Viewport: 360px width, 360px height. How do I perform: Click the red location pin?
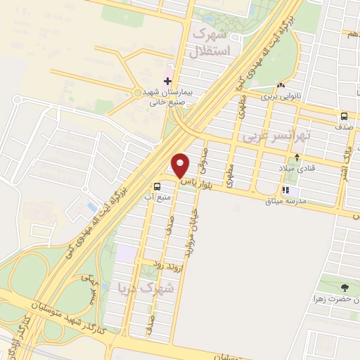pyautogui.click(x=181, y=166)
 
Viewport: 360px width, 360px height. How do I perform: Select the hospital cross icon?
pyautogui.click(x=167, y=82)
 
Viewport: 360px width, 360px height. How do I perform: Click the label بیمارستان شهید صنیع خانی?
pyautogui.click(x=172, y=96)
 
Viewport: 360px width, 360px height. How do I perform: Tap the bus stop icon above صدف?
pyautogui.click(x=344, y=117)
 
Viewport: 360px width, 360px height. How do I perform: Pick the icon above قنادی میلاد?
pyautogui.click(x=299, y=157)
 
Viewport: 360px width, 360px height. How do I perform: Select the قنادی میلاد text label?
pyautogui.click(x=300, y=169)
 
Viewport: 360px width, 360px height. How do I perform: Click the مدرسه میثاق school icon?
pyautogui.click(x=285, y=190)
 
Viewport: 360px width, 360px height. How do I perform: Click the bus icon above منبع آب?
pyautogui.click(x=157, y=186)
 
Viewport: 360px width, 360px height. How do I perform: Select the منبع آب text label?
pyautogui.click(x=157, y=198)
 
